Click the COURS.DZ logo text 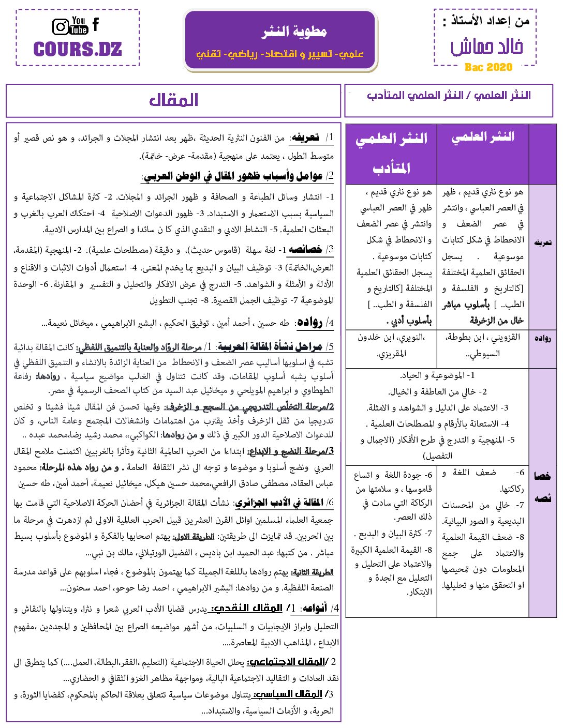pos(78,50)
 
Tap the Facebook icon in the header pos(96,24)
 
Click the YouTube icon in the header pos(79,25)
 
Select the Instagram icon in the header pos(61,26)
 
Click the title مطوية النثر pos(294,32)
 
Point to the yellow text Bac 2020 pos(488,67)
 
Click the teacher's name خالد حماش pos(487,47)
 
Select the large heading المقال pos(174,100)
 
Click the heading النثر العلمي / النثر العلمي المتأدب pos(449,96)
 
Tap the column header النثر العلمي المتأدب pos(391,153)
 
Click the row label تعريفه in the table pos(542,242)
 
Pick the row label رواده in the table pos(542,338)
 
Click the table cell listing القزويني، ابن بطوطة pos(483,345)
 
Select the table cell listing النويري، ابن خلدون pos(391,345)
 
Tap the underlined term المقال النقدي pos(247,609)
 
